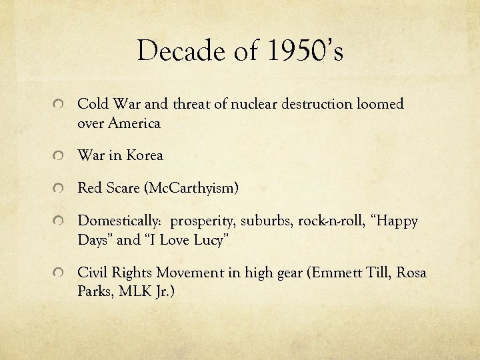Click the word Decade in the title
[177, 51]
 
